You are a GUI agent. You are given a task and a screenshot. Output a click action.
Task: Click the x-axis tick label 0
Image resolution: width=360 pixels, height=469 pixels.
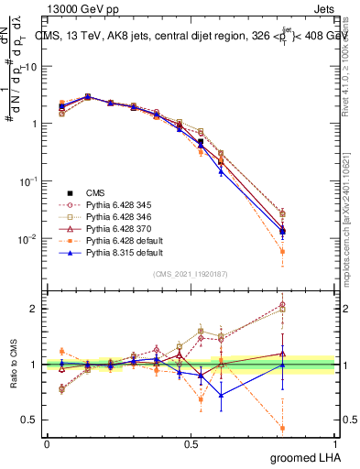coord(47,443)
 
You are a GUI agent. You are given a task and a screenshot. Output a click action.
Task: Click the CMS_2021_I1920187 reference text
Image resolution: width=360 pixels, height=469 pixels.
coord(190,274)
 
